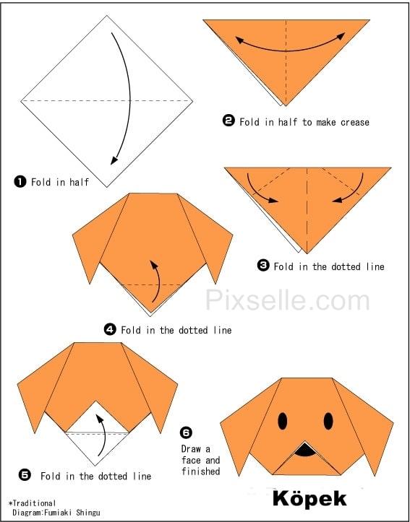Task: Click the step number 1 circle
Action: coord(20,182)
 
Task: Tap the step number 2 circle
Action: coord(229,121)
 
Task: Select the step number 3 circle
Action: coord(263,265)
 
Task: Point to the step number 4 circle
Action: coord(110,329)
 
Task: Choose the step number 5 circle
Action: coord(25,475)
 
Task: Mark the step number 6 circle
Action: coord(186,432)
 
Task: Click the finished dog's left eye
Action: coord(283,421)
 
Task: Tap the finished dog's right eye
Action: coord(328,421)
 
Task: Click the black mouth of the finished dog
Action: coord(305,450)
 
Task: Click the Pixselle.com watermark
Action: coord(287,300)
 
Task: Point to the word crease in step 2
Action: coord(354,123)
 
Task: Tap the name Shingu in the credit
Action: coord(87,513)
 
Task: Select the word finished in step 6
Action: coord(201,471)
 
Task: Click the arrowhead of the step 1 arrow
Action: coord(114,160)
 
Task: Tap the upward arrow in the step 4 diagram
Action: coord(156,280)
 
